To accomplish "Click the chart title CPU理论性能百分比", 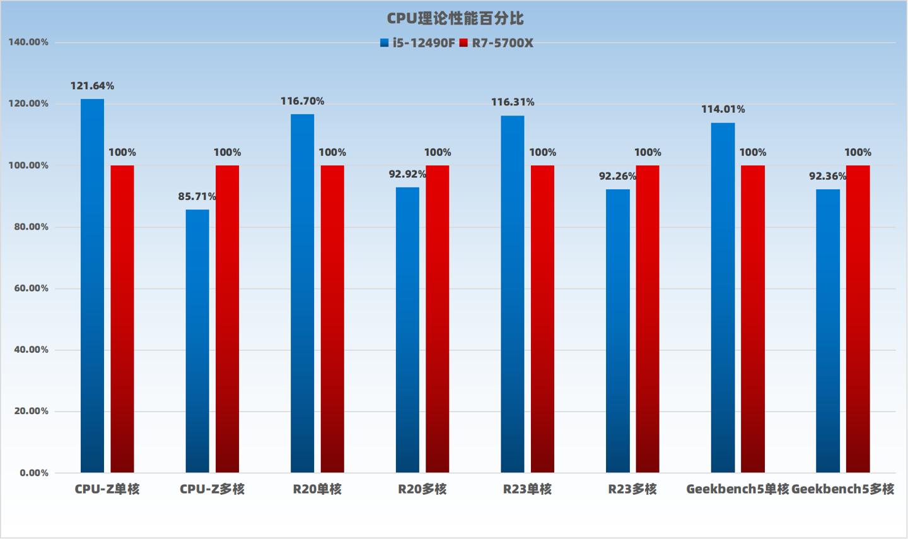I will [x=455, y=19].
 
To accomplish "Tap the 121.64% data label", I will [x=92, y=86].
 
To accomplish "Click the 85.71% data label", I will [x=197, y=197].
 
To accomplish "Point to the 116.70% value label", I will [x=302, y=101].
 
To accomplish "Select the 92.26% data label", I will [x=617, y=177].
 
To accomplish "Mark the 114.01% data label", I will [x=723, y=110].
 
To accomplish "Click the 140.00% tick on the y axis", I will [x=28, y=42].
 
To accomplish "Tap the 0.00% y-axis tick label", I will [x=34, y=473].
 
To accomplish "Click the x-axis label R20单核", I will [x=317, y=489].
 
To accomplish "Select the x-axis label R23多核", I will [x=632, y=489].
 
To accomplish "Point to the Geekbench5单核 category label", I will [x=737, y=489].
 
